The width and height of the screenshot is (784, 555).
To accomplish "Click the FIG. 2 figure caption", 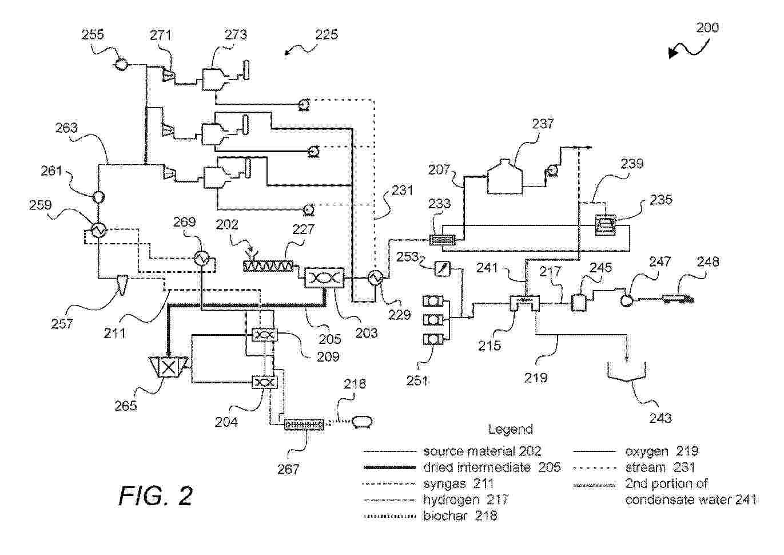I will point(156,495).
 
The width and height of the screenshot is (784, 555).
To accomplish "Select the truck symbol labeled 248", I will point(676,298).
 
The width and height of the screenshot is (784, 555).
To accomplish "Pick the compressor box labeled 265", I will point(169,367).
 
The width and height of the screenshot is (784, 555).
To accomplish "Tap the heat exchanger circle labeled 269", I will point(201,258).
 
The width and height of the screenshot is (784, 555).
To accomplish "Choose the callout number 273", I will point(235,34).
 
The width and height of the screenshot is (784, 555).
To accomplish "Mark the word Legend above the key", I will point(510,429).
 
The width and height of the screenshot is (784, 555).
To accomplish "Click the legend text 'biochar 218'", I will point(460,516).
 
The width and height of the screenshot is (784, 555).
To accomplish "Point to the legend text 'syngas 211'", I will point(458,484).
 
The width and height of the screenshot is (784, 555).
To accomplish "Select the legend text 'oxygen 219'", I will point(662,451).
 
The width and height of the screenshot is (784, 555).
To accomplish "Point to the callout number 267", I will point(288,469).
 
